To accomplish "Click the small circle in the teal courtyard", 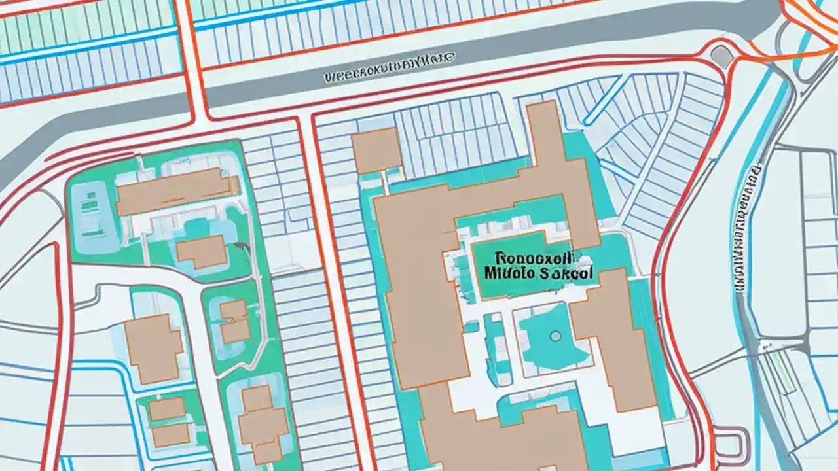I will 555,336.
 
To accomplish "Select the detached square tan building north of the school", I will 376,150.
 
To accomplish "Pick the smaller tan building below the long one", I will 202,252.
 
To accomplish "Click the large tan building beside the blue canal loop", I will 153,347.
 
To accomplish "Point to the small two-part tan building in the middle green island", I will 234,321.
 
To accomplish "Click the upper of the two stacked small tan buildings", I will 166,410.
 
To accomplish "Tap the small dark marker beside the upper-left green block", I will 242,246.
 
